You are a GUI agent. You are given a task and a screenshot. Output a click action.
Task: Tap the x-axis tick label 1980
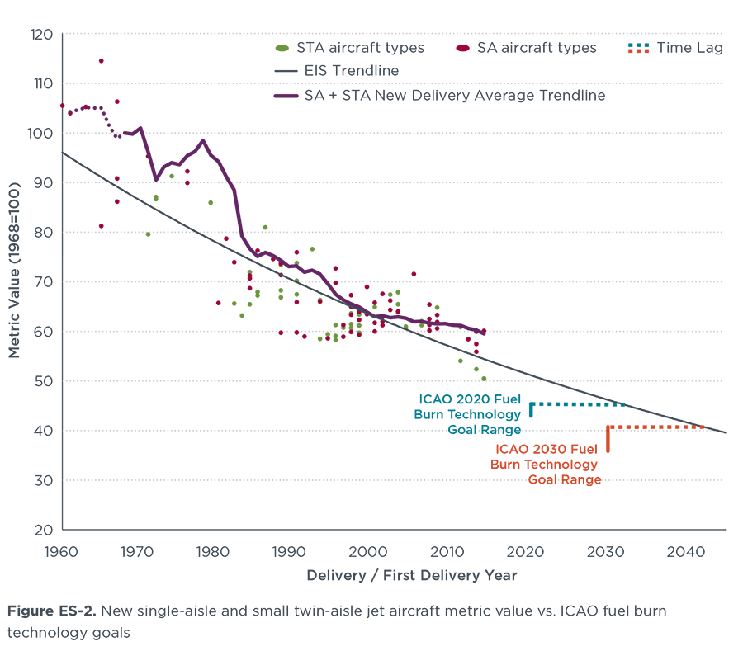212,552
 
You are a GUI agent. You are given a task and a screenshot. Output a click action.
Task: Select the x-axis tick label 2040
684,552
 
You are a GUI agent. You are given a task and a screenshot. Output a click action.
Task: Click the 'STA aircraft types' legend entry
361,48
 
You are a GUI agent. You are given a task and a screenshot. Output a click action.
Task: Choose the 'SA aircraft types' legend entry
537,48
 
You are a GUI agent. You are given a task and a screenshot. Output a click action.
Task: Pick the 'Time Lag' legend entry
690,48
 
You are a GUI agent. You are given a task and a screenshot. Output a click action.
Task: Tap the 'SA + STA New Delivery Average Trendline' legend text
452,96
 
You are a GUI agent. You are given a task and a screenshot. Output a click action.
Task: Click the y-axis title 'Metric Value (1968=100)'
15,281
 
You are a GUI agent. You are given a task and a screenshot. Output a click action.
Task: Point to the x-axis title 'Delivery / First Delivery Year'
412,575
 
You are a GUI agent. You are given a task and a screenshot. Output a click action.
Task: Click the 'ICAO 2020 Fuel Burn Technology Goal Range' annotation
471,413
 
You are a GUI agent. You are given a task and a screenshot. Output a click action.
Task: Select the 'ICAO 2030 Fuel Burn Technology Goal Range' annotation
547,464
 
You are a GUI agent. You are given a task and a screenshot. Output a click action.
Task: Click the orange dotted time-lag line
656,427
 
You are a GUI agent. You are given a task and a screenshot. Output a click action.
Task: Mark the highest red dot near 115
101,61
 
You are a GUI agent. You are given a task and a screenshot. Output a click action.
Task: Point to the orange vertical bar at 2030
608,439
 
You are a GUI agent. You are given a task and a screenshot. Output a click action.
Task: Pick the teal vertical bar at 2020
531,409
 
